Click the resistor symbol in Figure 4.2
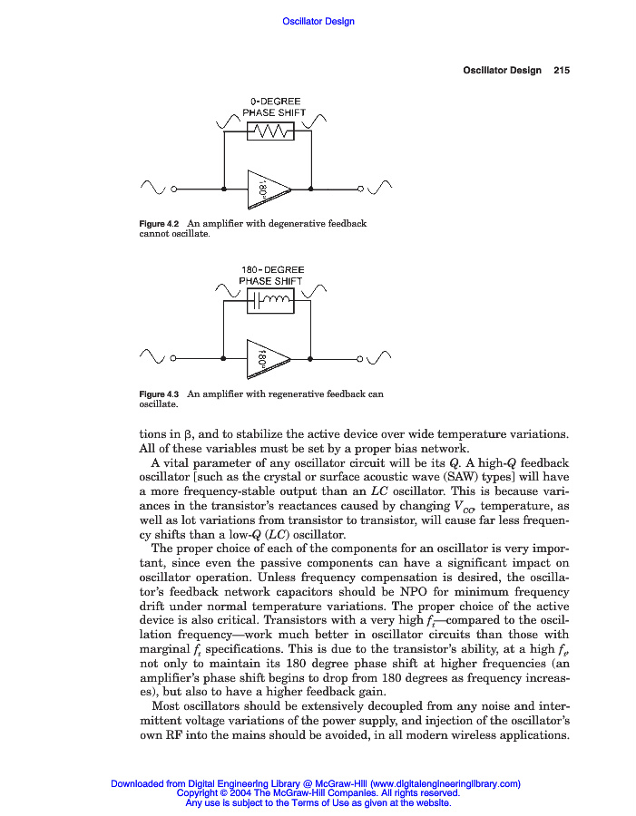[270, 132]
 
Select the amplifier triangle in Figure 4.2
[267, 189]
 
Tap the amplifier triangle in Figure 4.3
[267, 359]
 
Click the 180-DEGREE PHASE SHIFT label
[271, 276]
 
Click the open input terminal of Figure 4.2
[172, 189]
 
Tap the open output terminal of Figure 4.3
[360, 359]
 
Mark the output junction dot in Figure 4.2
[311, 189]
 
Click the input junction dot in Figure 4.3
[223, 359]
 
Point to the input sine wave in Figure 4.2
[152, 188]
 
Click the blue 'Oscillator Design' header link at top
[318, 22]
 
